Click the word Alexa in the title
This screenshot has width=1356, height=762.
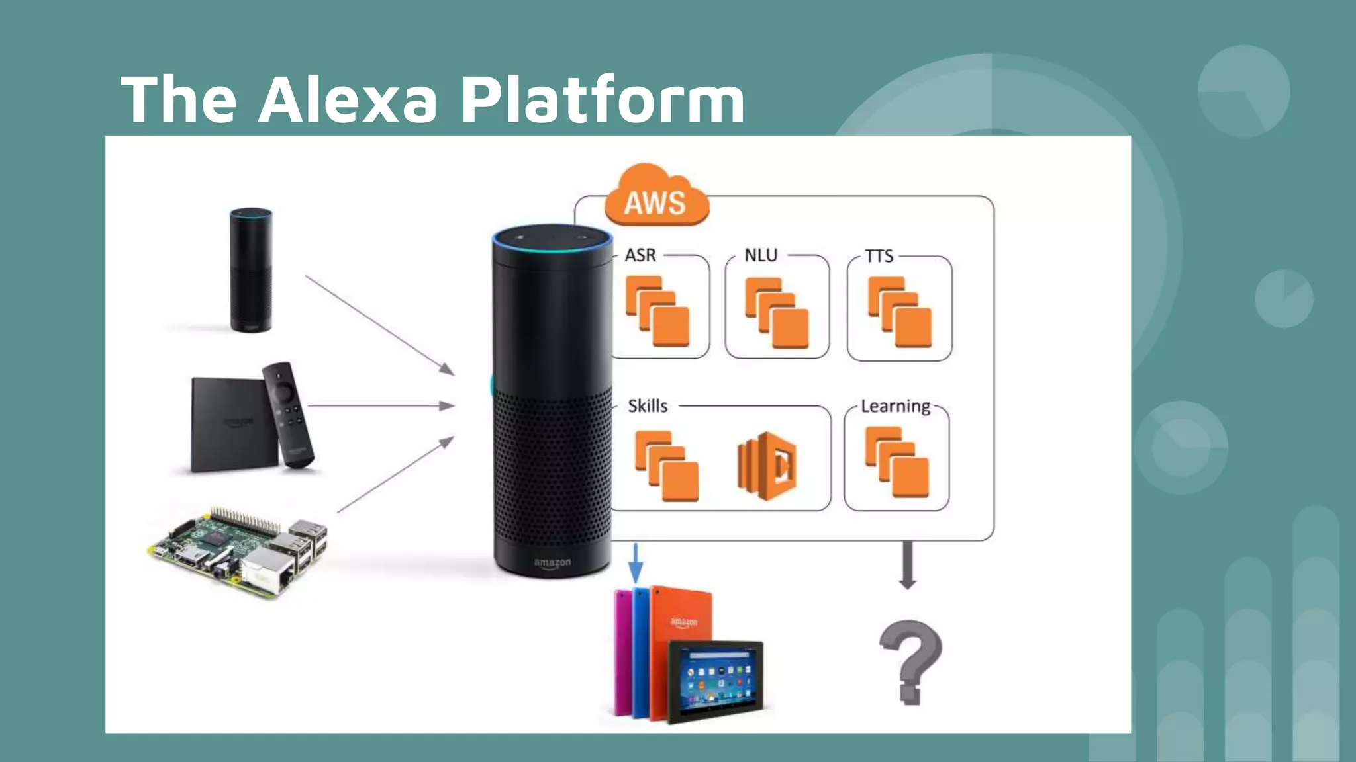[x=348, y=99]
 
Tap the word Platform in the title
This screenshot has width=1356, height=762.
[x=603, y=99]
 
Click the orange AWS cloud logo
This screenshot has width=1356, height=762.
[x=655, y=198]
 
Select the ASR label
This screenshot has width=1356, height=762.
[x=640, y=255]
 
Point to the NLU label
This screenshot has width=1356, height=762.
[x=761, y=255]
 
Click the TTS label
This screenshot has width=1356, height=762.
[x=879, y=256]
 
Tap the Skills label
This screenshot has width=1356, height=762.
[x=648, y=406]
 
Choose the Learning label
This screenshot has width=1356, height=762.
[x=895, y=406]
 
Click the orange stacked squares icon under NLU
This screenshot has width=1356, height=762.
[x=777, y=312]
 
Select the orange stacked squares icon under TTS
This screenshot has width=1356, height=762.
[x=900, y=312]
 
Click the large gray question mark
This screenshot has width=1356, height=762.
[x=910, y=661]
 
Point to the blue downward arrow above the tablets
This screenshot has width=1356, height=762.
[x=636, y=563]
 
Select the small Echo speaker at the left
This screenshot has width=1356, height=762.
[x=251, y=270]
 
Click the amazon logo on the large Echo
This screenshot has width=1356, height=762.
[x=552, y=563]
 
